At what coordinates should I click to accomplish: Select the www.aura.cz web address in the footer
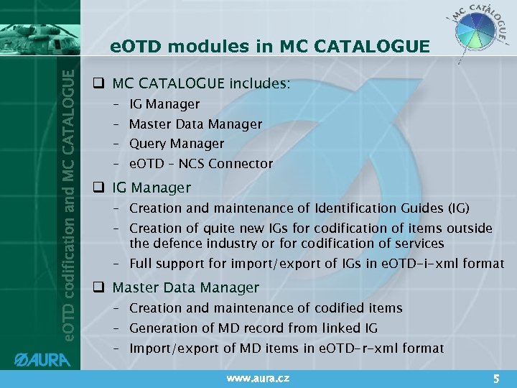[258, 377]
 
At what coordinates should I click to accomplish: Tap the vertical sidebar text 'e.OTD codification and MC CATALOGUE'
[66, 205]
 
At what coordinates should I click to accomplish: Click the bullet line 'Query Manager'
[177, 144]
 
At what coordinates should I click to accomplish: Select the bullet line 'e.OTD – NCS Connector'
[201, 164]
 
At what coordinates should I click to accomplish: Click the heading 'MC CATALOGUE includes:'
[202, 84]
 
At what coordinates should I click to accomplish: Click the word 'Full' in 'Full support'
[141, 264]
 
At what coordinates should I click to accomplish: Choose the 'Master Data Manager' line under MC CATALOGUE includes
[195, 124]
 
